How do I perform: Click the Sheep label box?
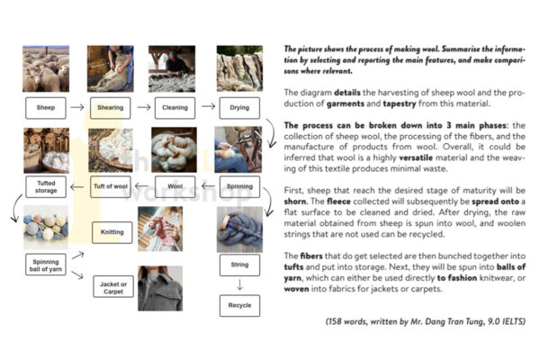[45, 107]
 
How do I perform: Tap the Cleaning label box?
[171, 107]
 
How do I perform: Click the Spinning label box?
[238, 187]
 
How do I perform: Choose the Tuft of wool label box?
[109, 187]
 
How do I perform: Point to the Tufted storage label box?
[45, 188]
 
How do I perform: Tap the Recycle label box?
[238, 305]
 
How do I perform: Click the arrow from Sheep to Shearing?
[77, 107]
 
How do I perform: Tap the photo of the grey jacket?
[160, 288]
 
